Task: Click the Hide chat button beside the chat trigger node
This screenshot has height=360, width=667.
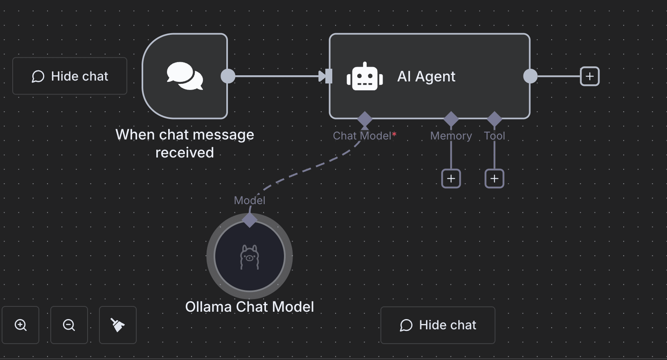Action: pyautogui.click(x=70, y=76)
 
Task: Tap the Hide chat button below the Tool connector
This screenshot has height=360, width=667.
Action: pyautogui.click(x=437, y=325)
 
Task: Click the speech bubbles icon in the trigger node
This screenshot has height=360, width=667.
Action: pyautogui.click(x=185, y=76)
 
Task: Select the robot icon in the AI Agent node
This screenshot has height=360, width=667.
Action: pyautogui.click(x=365, y=76)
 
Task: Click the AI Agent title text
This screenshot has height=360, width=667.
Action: pyautogui.click(x=426, y=76)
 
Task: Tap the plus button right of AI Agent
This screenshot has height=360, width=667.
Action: pyautogui.click(x=590, y=76)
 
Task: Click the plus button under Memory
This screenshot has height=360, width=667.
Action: pyautogui.click(x=451, y=179)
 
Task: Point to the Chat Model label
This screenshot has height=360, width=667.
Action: pyautogui.click(x=363, y=136)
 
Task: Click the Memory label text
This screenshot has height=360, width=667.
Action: pyautogui.click(x=451, y=136)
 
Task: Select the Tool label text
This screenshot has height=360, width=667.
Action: pyautogui.click(x=494, y=136)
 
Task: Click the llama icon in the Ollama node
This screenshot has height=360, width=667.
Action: pyautogui.click(x=250, y=257)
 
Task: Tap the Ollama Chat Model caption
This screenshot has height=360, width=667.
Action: pyautogui.click(x=250, y=307)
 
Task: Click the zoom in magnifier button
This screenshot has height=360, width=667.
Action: pyautogui.click(x=20, y=325)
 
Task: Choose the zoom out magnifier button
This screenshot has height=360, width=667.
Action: pyautogui.click(x=69, y=325)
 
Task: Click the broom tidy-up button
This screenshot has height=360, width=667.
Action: pyautogui.click(x=118, y=325)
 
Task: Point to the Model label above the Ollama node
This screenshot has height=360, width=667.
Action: pyautogui.click(x=250, y=200)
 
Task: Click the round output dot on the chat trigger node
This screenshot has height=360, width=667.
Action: pyautogui.click(x=228, y=76)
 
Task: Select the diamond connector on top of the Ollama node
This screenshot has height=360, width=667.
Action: pyautogui.click(x=250, y=220)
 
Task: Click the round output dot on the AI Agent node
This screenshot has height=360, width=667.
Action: pyautogui.click(x=530, y=76)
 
